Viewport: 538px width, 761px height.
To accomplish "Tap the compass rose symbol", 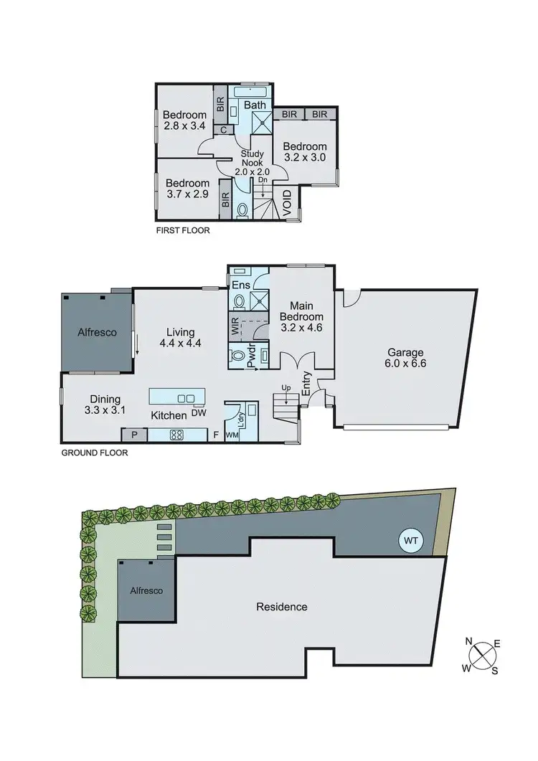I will (x=481, y=655).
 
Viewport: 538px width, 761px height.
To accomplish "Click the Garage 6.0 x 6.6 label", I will (x=406, y=358).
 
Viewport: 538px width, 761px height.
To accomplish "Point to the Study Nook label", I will (x=253, y=162).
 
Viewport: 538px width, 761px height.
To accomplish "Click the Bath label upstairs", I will (x=255, y=105).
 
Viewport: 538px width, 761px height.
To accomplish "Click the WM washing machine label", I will (x=232, y=435).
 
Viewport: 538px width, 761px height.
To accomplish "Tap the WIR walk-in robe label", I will (x=234, y=327).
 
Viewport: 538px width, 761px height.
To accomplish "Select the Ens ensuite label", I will (x=239, y=285).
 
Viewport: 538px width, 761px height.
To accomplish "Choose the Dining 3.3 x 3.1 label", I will (x=105, y=405).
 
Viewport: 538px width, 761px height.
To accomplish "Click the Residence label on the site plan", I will (x=282, y=607).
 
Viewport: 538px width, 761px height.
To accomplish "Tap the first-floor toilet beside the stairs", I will (x=242, y=210).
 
